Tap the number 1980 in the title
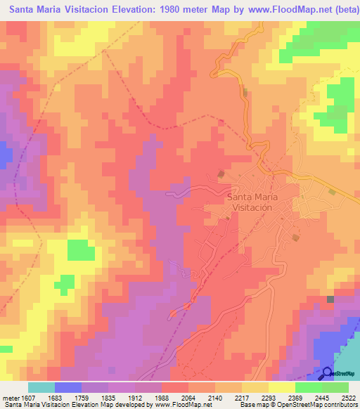tap(157, 10)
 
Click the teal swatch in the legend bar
tap(41, 387)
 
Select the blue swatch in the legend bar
tap(67, 387)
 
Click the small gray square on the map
tap(330, 300)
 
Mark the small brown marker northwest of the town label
tap(221, 173)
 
